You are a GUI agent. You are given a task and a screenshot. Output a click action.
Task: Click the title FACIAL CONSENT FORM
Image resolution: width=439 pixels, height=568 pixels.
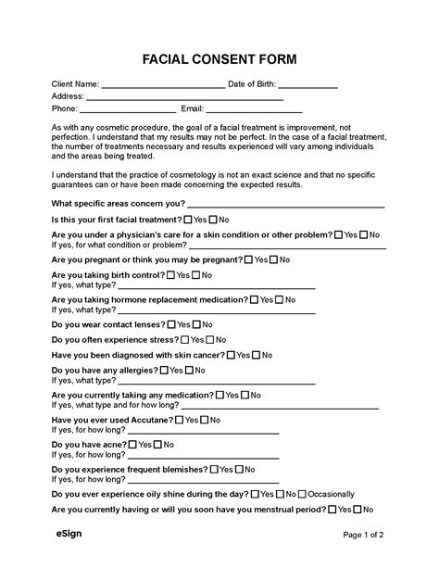(219, 60)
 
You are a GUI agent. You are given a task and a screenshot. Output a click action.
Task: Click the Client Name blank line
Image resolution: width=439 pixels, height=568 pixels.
(162, 85)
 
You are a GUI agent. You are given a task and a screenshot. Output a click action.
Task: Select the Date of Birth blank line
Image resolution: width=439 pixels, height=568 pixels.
(307, 85)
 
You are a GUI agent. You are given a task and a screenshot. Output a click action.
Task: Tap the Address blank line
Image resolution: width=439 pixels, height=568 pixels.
(184, 97)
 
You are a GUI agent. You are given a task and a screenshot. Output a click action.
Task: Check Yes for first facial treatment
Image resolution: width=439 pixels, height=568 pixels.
(189, 220)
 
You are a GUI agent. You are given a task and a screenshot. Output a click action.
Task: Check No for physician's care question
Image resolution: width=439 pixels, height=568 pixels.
(363, 235)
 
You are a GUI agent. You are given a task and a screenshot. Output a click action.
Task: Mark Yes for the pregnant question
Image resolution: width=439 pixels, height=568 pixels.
(248, 260)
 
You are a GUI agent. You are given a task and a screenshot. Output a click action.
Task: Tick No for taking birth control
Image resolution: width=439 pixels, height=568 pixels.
(196, 275)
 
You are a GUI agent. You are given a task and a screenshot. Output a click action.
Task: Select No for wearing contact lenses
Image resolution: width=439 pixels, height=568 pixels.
(196, 325)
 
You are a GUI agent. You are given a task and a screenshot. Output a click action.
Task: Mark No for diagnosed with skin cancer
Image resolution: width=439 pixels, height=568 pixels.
(256, 355)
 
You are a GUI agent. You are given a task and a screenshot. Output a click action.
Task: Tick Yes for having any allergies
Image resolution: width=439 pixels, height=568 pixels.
(165, 370)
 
